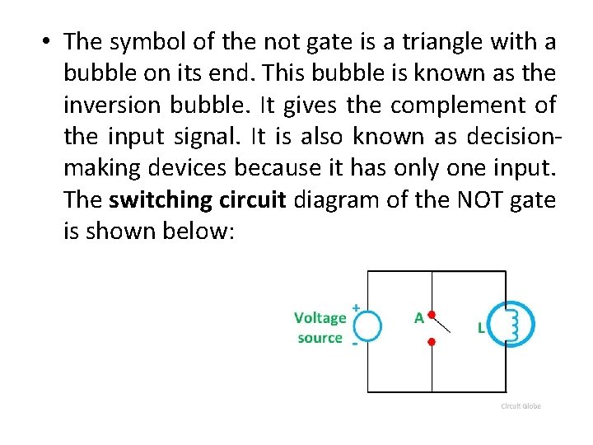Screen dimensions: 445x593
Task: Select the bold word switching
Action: [160, 199]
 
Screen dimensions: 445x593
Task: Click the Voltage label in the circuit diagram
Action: [320, 318]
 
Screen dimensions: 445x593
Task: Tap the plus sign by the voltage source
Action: [356, 307]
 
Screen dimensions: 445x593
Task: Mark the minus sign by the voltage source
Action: [354, 344]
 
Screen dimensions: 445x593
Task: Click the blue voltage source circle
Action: [367, 326]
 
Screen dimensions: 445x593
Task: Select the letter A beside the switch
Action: [418, 317]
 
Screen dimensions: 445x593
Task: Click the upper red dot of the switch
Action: [431, 314]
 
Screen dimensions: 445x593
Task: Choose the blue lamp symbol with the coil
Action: [511, 322]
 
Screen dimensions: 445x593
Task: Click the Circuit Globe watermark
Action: [521, 406]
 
